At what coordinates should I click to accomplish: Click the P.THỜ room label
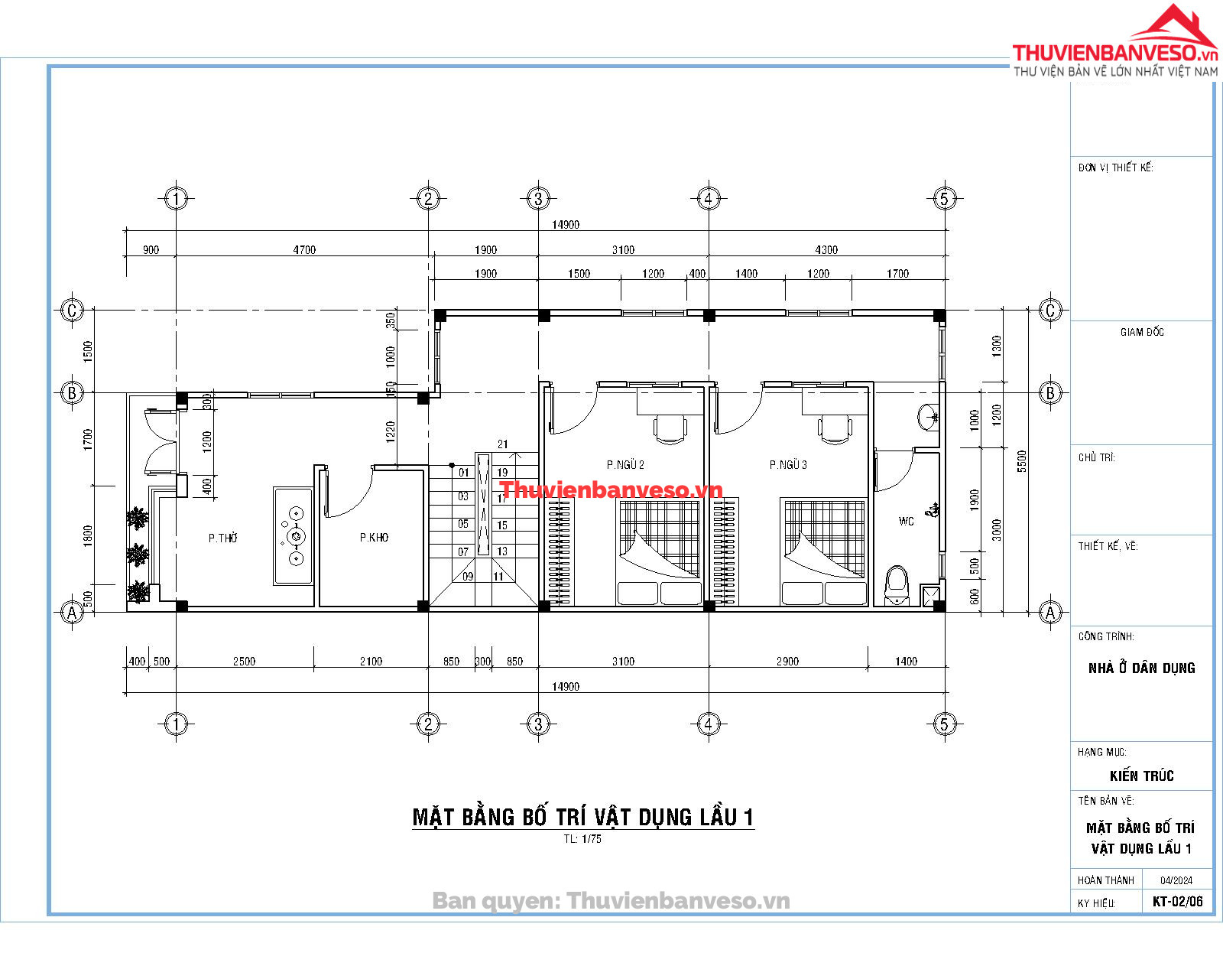coord(222,538)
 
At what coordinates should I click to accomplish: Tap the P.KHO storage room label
coord(374,538)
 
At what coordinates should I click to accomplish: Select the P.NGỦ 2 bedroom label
coord(625,465)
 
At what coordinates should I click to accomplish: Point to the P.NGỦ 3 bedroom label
coord(788,465)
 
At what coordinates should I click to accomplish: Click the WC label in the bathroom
coord(906,521)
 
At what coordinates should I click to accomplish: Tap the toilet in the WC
coord(897,585)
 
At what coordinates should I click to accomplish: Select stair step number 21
coord(502,444)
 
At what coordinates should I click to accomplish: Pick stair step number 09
coord(468,576)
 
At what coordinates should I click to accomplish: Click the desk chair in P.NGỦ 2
coord(670,429)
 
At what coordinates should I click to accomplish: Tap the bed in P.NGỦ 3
coord(823,551)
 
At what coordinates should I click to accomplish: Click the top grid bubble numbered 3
coord(538,199)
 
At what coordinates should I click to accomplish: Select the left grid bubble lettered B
coord(72,392)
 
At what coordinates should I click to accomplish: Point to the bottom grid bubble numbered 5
coord(945,724)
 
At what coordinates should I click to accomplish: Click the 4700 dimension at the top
coord(304,250)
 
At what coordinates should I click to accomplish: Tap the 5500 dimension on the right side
coord(1022,460)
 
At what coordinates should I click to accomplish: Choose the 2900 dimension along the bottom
coord(787,661)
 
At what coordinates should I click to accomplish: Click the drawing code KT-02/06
coord(1178,901)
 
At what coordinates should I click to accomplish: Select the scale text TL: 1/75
coord(582,838)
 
